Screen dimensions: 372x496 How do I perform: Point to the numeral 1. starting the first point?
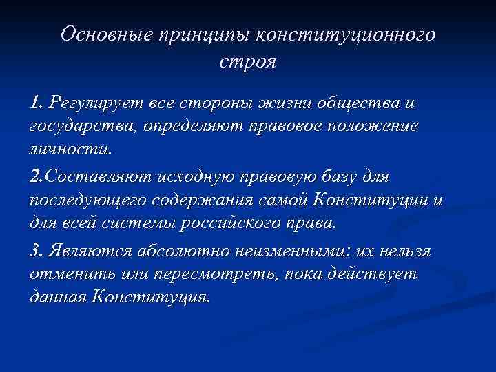coord(37,103)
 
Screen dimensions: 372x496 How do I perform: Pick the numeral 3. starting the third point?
coord(37,251)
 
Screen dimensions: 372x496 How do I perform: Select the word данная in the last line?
coord(58,298)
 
